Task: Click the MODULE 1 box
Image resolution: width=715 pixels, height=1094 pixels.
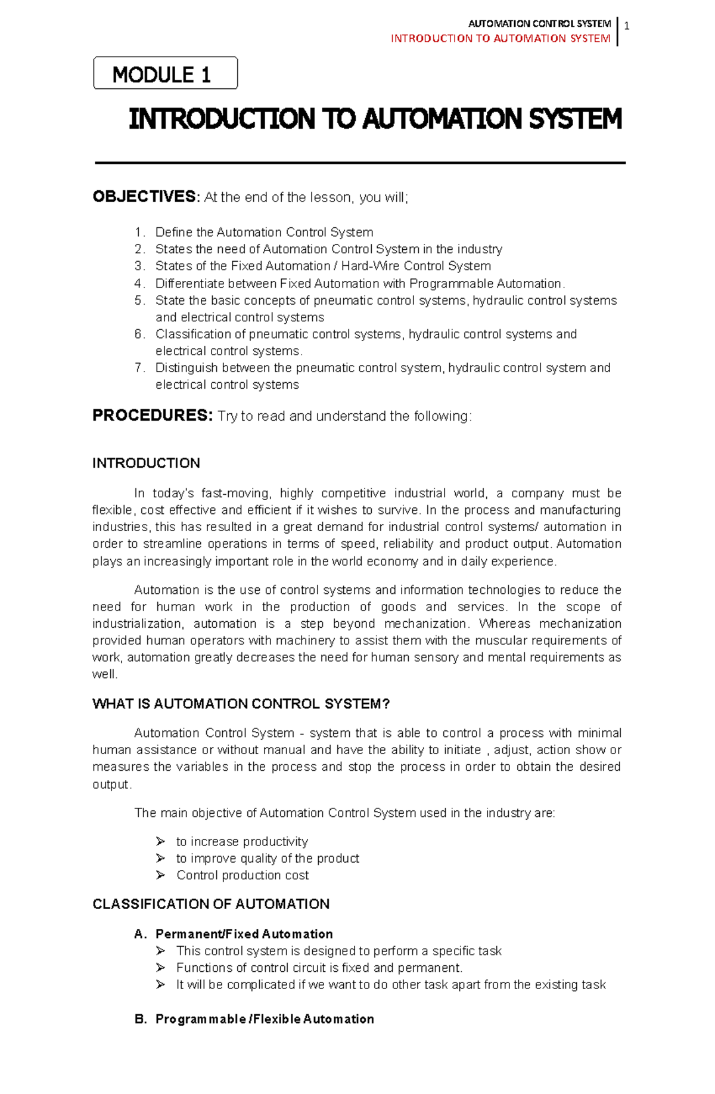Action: point(165,73)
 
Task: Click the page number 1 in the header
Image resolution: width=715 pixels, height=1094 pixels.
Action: point(627,26)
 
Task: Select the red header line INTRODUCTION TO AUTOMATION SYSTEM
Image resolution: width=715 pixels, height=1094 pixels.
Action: point(500,39)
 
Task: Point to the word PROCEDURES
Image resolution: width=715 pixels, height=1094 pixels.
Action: point(152,416)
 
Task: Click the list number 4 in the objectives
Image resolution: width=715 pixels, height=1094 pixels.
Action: point(138,283)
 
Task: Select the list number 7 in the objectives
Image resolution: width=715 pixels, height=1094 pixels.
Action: point(138,368)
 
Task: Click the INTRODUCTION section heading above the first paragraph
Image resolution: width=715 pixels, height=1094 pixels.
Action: point(146,463)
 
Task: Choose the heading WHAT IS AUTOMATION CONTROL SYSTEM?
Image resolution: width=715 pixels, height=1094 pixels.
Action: point(241,704)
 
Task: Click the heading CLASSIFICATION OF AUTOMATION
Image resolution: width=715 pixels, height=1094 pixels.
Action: point(211,904)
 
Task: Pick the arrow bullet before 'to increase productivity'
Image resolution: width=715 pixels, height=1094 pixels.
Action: point(160,841)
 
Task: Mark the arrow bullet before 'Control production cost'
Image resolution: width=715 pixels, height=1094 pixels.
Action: point(160,875)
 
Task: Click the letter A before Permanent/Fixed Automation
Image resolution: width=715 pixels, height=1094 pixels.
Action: point(139,934)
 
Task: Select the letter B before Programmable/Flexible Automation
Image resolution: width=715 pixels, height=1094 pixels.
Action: point(139,1019)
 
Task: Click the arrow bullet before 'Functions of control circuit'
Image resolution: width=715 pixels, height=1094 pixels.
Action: point(160,968)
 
